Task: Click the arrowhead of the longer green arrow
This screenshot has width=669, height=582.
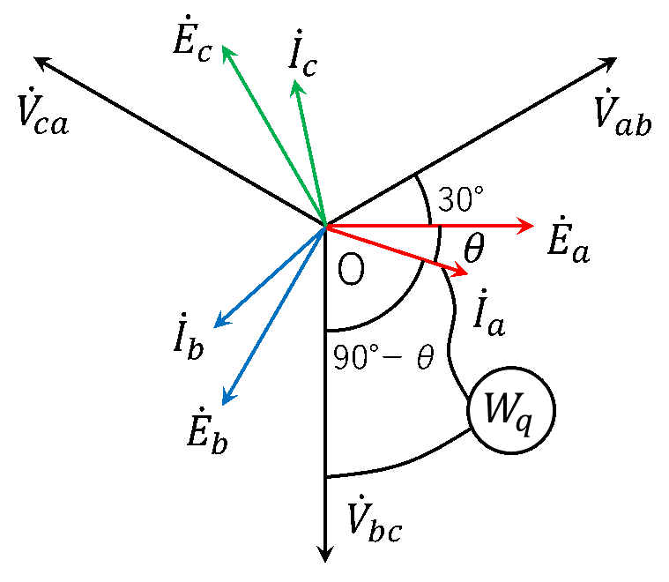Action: pyautogui.click(x=225, y=49)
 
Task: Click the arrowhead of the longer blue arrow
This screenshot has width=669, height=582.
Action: pyautogui.click(x=225, y=401)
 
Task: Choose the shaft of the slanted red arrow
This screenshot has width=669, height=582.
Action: pyautogui.click(x=397, y=250)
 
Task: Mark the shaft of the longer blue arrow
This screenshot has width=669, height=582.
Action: pyautogui.click(x=275, y=314)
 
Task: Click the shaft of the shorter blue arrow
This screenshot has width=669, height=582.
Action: pyautogui.click(x=271, y=276)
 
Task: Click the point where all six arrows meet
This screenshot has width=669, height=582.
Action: pyautogui.click(x=325, y=226)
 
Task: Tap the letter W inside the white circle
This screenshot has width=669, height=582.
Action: pyautogui.click(x=499, y=408)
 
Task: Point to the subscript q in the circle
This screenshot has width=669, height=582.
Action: pyautogui.click(x=524, y=422)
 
